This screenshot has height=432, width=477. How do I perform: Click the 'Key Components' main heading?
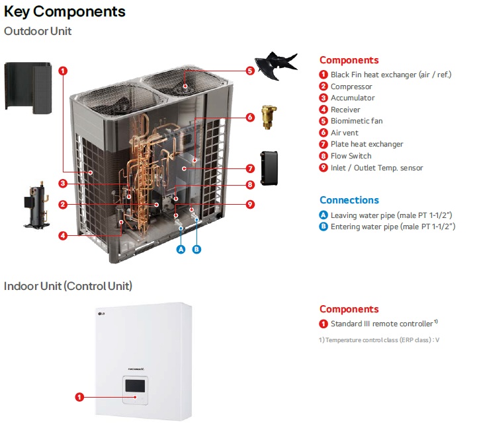click(x=65, y=11)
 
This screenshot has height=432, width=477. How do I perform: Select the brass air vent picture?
click(x=268, y=116)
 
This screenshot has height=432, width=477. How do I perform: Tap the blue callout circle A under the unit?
click(x=180, y=249)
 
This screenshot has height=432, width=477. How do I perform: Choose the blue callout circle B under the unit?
click(x=196, y=249)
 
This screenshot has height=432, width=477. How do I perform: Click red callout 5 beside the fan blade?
click(x=250, y=71)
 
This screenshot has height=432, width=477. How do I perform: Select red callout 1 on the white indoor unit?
click(x=79, y=397)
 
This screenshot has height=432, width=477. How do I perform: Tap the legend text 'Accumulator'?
click(x=353, y=98)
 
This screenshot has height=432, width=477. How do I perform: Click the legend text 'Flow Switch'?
click(x=351, y=156)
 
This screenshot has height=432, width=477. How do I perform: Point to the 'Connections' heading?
click(x=349, y=200)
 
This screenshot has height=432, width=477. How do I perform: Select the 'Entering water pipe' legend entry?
click(x=392, y=227)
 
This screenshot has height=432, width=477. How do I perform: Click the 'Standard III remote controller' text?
click(x=382, y=324)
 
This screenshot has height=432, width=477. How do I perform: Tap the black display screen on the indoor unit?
click(x=136, y=386)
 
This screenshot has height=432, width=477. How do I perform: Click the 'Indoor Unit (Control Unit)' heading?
click(x=68, y=286)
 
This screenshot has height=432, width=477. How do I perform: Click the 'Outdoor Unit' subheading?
click(x=38, y=31)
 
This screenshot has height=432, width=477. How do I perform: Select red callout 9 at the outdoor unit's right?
click(x=250, y=204)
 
